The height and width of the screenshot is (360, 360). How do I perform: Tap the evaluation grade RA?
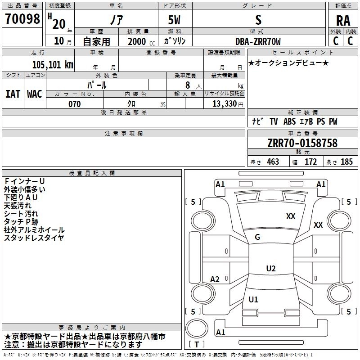coord(343,21)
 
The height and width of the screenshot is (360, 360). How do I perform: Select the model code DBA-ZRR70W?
coord(258,41)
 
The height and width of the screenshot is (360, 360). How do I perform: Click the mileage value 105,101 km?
coord(53,64)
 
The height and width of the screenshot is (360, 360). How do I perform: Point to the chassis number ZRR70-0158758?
coord(302,143)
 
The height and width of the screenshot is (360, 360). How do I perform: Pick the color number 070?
coord(74,104)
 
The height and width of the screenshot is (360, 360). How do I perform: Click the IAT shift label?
coord(13,94)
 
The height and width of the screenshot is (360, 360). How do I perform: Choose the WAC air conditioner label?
coord(35,94)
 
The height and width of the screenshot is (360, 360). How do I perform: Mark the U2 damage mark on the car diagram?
coord(270,269)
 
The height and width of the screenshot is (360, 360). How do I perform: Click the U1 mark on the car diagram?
coord(253,300)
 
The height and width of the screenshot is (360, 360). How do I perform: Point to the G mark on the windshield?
coord(257,237)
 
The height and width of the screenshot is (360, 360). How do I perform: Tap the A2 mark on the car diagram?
coord(215,279)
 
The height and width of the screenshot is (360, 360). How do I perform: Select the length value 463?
coord(273,162)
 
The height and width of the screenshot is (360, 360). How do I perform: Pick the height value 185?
coord(346,162)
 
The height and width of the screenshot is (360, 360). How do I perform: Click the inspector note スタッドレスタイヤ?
coord(34,238)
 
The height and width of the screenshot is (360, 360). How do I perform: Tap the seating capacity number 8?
coord(186,85)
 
